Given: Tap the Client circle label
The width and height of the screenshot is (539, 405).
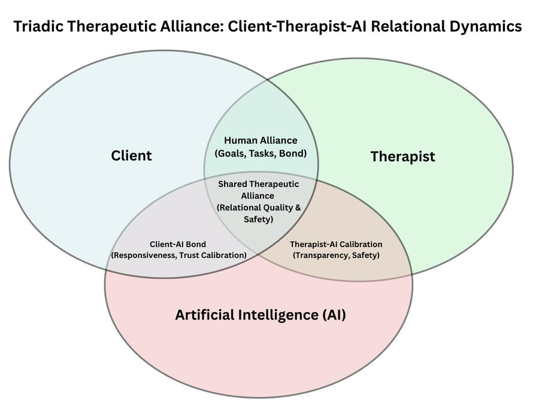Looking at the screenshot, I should coord(131,156).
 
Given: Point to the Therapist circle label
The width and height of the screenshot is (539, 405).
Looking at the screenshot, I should coord(402,157).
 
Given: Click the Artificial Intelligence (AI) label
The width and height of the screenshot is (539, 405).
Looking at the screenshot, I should coord(260,315).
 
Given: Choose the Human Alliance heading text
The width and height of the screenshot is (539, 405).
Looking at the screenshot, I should coord(261,141).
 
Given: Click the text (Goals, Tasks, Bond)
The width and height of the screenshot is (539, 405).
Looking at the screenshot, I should coord(261,153).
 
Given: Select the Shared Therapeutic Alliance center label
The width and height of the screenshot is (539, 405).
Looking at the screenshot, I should coord(258,190).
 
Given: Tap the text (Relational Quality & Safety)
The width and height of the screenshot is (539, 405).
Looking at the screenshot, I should coord(259,214).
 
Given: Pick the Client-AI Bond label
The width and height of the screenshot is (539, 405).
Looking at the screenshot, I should coord(178,244).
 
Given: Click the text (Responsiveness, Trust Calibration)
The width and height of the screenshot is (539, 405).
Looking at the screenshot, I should coord(178,255).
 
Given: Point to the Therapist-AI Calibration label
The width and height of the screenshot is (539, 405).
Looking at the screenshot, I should coord(336,244).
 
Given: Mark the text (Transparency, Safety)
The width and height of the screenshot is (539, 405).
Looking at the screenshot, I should coord(336,255).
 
